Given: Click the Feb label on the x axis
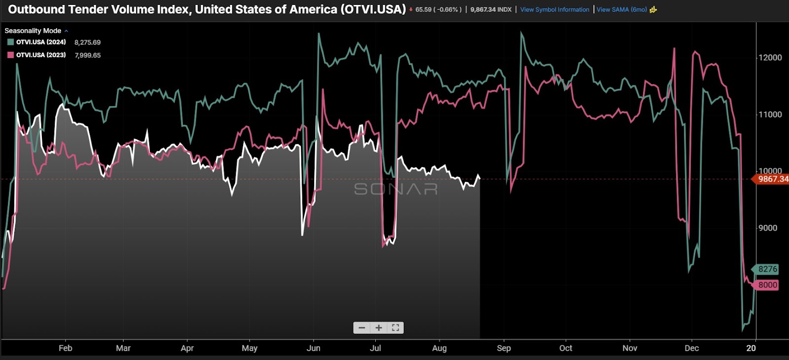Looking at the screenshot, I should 66,348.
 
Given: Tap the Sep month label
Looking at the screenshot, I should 504,348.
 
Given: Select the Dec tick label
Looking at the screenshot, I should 691,348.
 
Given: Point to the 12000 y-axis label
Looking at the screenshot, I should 770,58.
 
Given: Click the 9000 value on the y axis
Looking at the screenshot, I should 768,228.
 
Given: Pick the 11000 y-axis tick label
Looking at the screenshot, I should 770,114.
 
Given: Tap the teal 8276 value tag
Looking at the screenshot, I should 767,269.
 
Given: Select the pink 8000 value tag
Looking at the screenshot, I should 767,285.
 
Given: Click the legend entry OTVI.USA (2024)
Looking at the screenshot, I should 41,42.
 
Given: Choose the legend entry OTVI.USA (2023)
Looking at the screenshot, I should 41,55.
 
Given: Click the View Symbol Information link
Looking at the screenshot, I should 554,9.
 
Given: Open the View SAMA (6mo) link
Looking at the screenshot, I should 621,9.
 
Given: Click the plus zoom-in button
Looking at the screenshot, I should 379,328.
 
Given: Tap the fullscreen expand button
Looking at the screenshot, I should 395,328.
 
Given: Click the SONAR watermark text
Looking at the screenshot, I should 396,189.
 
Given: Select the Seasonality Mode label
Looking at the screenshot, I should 33,31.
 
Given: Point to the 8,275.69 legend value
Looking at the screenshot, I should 87,42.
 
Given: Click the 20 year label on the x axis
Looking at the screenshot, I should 751,348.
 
